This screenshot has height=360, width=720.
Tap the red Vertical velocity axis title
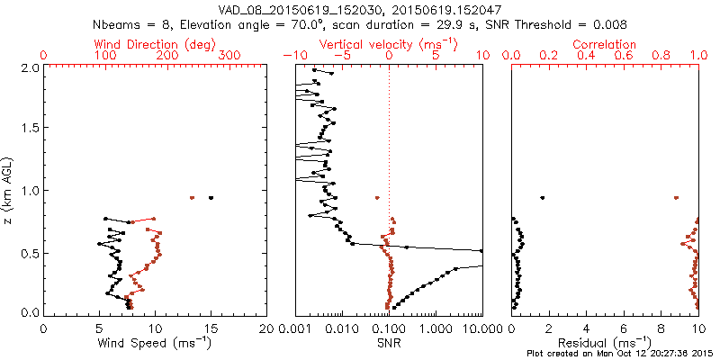point(388,44)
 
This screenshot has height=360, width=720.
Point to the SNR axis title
point(389,343)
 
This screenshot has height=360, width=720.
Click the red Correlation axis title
point(605,44)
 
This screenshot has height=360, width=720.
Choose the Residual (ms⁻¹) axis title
point(606,343)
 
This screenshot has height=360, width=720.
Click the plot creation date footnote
point(621,354)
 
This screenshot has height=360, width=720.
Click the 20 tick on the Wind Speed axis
point(267,328)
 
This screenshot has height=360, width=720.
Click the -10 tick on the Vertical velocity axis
point(292,56)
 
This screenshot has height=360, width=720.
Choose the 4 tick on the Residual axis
point(587,328)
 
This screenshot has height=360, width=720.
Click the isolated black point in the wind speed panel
point(211,198)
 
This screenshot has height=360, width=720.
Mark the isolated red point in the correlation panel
point(676,198)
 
